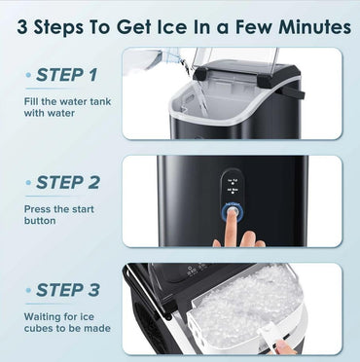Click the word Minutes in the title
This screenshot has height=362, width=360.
(314, 27)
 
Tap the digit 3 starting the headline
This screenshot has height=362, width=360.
(22, 27)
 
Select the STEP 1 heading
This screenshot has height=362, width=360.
(66, 75)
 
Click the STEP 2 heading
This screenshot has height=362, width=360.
(68, 183)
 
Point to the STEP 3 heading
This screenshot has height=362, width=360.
(68, 290)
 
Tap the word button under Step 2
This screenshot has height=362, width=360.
(40, 221)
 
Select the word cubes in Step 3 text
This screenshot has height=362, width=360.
(38, 328)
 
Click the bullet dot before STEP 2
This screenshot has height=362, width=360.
(28, 183)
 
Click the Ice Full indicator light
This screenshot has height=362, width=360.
(233, 184)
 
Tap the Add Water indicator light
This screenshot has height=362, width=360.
(233, 193)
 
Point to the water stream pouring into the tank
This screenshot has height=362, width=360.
(197, 90)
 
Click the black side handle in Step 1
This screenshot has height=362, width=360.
(294, 91)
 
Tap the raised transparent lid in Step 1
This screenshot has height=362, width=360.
(235, 61)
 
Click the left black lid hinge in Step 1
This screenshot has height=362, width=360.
(200, 74)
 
